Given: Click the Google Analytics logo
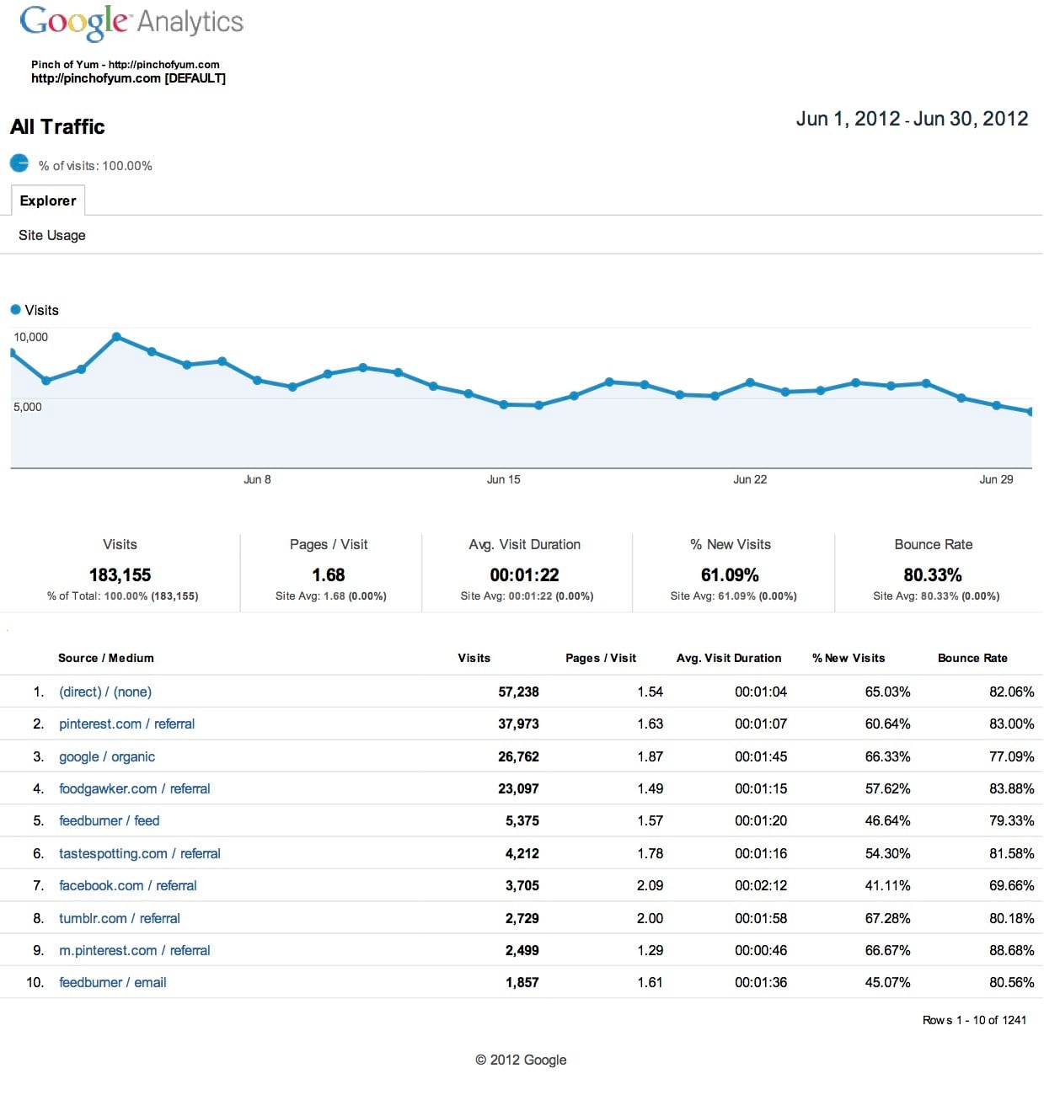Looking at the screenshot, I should click(x=131, y=22).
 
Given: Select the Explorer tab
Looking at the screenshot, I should click(x=48, y=200).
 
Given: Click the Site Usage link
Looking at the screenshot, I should click(x=52, y=235).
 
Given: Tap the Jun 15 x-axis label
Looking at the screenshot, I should click(x=503, y=479).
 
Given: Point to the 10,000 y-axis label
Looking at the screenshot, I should click(x=30, y=337).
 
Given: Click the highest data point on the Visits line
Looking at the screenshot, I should click(x=116, y=337).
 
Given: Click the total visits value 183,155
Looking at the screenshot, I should click(x=120, y=575).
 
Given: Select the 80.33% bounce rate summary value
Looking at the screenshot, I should click(x=933, y=575).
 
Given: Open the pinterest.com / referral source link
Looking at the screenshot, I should click(x=126, y=724).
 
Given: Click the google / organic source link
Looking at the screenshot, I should click(x=107, y=756).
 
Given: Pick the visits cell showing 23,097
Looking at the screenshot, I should click(x=518, y=788).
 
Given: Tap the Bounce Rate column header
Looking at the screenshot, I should click(x=972, y=658).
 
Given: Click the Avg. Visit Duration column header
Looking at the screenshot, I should click(x=729, y=658).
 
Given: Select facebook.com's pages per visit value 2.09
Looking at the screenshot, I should click(x=650, y=885).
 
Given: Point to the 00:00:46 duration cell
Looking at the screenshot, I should click(x=761, y=950).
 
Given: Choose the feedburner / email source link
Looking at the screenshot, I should click(x=113, y=982).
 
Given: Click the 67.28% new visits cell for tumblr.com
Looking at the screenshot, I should click(x=887, y=918).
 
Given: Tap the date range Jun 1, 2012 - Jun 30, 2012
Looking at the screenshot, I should click(x=912, y=119).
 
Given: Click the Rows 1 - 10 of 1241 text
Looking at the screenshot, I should click(x=974, y=1020).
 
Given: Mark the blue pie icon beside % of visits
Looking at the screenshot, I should click(x=19, y=163).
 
